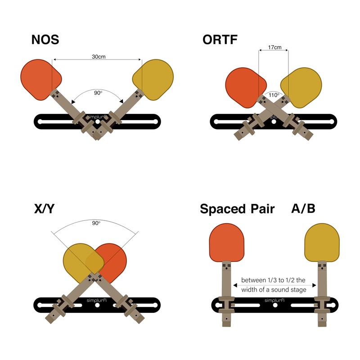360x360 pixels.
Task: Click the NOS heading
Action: [x=45, y=40]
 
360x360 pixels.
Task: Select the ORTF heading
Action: [x=220, y=40]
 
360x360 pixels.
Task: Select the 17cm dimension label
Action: [x=274, y=47]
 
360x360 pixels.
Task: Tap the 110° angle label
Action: [x=274, y=95]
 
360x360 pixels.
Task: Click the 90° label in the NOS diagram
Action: [x=98, y=93]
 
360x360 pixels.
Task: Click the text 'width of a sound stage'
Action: [x=274, y=289]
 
